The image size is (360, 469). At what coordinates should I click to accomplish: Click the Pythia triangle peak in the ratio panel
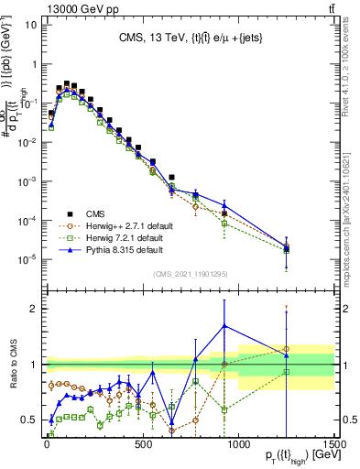pos(224,325)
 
